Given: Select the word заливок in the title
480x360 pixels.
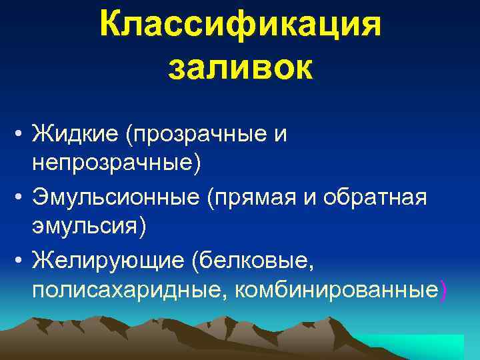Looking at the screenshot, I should click(x=240, y=69).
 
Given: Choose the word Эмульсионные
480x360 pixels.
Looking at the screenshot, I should click(x=116, y=197).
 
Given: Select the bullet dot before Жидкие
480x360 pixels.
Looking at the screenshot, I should click(x=22, y=135).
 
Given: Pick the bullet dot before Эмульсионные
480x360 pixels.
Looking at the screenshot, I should click(x=22, y=197).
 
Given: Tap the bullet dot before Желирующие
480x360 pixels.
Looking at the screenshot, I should click(x=22, y=259).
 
